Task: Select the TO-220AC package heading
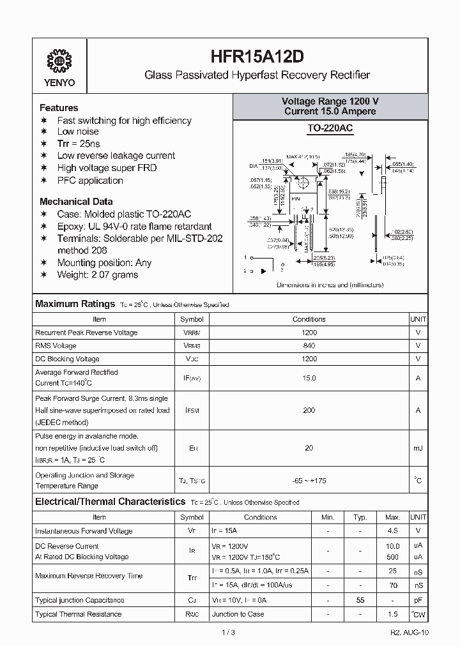tap(330, 128)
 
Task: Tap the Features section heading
tap(59, 108)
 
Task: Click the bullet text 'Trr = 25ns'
tap(79, 144)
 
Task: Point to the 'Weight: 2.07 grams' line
tap(97, 274)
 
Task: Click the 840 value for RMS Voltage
tap(309, 345)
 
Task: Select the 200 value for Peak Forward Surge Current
tap(309, 410)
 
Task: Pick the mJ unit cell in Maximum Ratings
tap(418, 448)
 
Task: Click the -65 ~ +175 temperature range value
tap(309, 481)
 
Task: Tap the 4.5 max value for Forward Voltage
tap(393, 530)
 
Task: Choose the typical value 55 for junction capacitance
tap(360, 600)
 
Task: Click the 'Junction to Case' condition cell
tap(238, 614)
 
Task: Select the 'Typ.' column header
tap(360, 517)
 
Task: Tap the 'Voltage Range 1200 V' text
tap(330, 101)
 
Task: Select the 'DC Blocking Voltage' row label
tap(67, 359)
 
